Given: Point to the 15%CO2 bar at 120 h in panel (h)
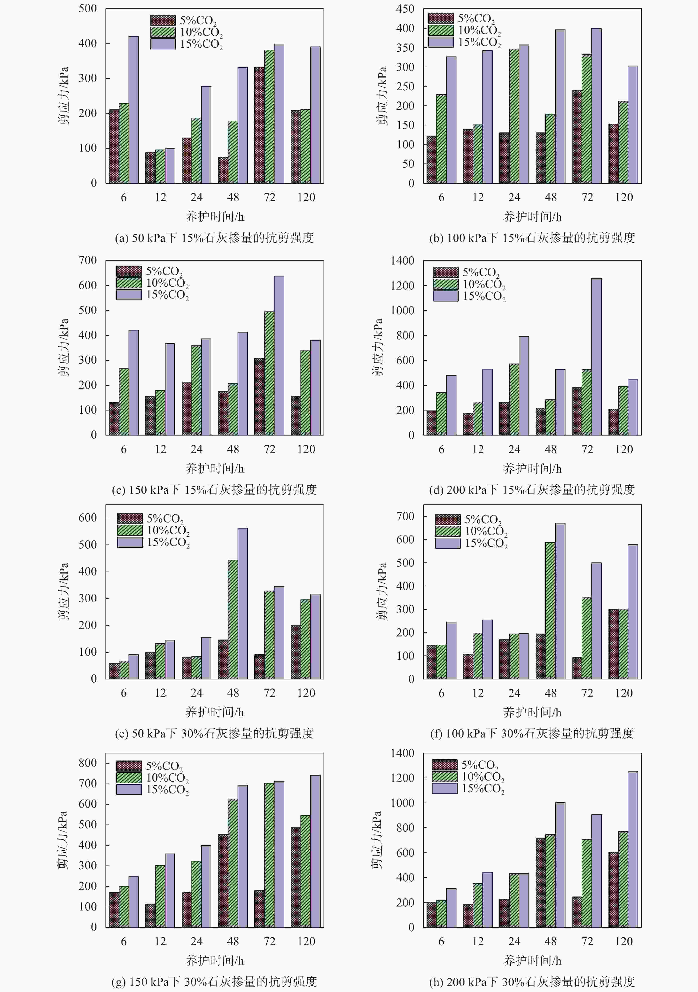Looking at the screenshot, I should point(633,849).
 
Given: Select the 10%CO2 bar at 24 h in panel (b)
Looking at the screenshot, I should point(514,116).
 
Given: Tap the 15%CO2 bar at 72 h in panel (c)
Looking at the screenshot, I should point(279,355).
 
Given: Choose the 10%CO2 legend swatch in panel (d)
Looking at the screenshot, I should point(446,284).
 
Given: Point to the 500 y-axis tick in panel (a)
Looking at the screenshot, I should point(88,9).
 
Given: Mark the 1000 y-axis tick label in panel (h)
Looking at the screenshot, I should point(402,803).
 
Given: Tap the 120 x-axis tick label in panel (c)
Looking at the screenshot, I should point(306,449).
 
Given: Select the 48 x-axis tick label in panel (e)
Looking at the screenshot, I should point(233,693).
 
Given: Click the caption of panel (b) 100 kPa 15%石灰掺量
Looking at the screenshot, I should point(532,238).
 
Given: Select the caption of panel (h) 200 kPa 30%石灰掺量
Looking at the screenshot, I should point(532,982).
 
